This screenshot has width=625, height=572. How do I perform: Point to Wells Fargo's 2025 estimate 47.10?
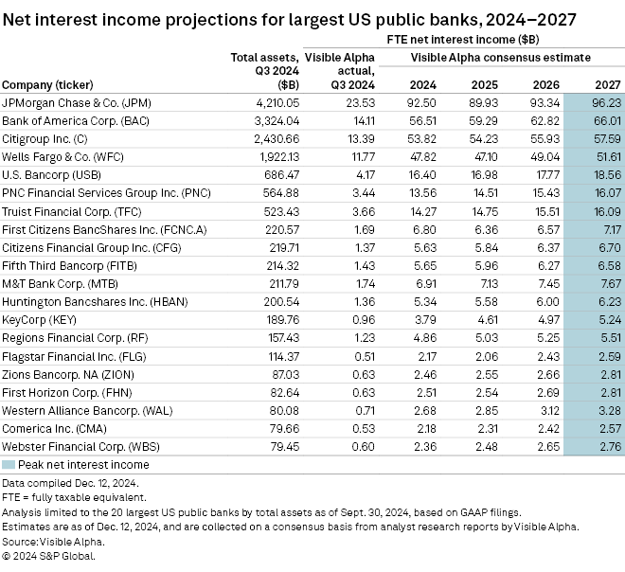[x=484, y=156]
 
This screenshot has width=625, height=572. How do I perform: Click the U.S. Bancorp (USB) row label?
[x=49, y=174]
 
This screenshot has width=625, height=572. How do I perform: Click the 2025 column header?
[x=484, y=84]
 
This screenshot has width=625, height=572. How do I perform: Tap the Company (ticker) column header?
[x=47, y=84]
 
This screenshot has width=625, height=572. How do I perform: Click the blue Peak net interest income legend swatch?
[x=9, y=465]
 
